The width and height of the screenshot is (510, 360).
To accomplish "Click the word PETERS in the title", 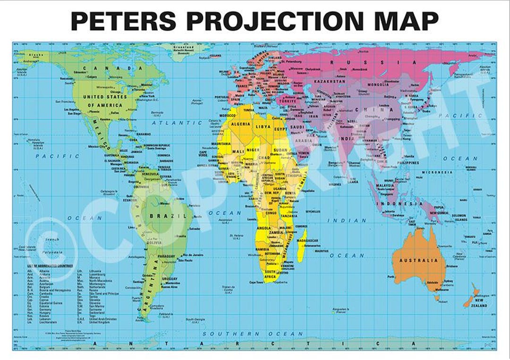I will click(123, 21).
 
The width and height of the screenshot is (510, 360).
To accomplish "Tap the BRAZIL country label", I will click(162, 216).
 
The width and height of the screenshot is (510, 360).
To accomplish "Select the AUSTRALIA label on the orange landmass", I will click(418, 260).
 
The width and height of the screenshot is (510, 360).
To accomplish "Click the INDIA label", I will click(347, 139).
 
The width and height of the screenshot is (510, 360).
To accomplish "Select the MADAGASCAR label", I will click(306, 241).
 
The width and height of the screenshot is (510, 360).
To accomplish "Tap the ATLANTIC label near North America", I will click(170, 123).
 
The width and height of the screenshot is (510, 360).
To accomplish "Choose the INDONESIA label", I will click(399, 203).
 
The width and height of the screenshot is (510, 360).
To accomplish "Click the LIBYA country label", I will click(263, 126).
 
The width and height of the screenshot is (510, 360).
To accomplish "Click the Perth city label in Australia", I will click(391, 276).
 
